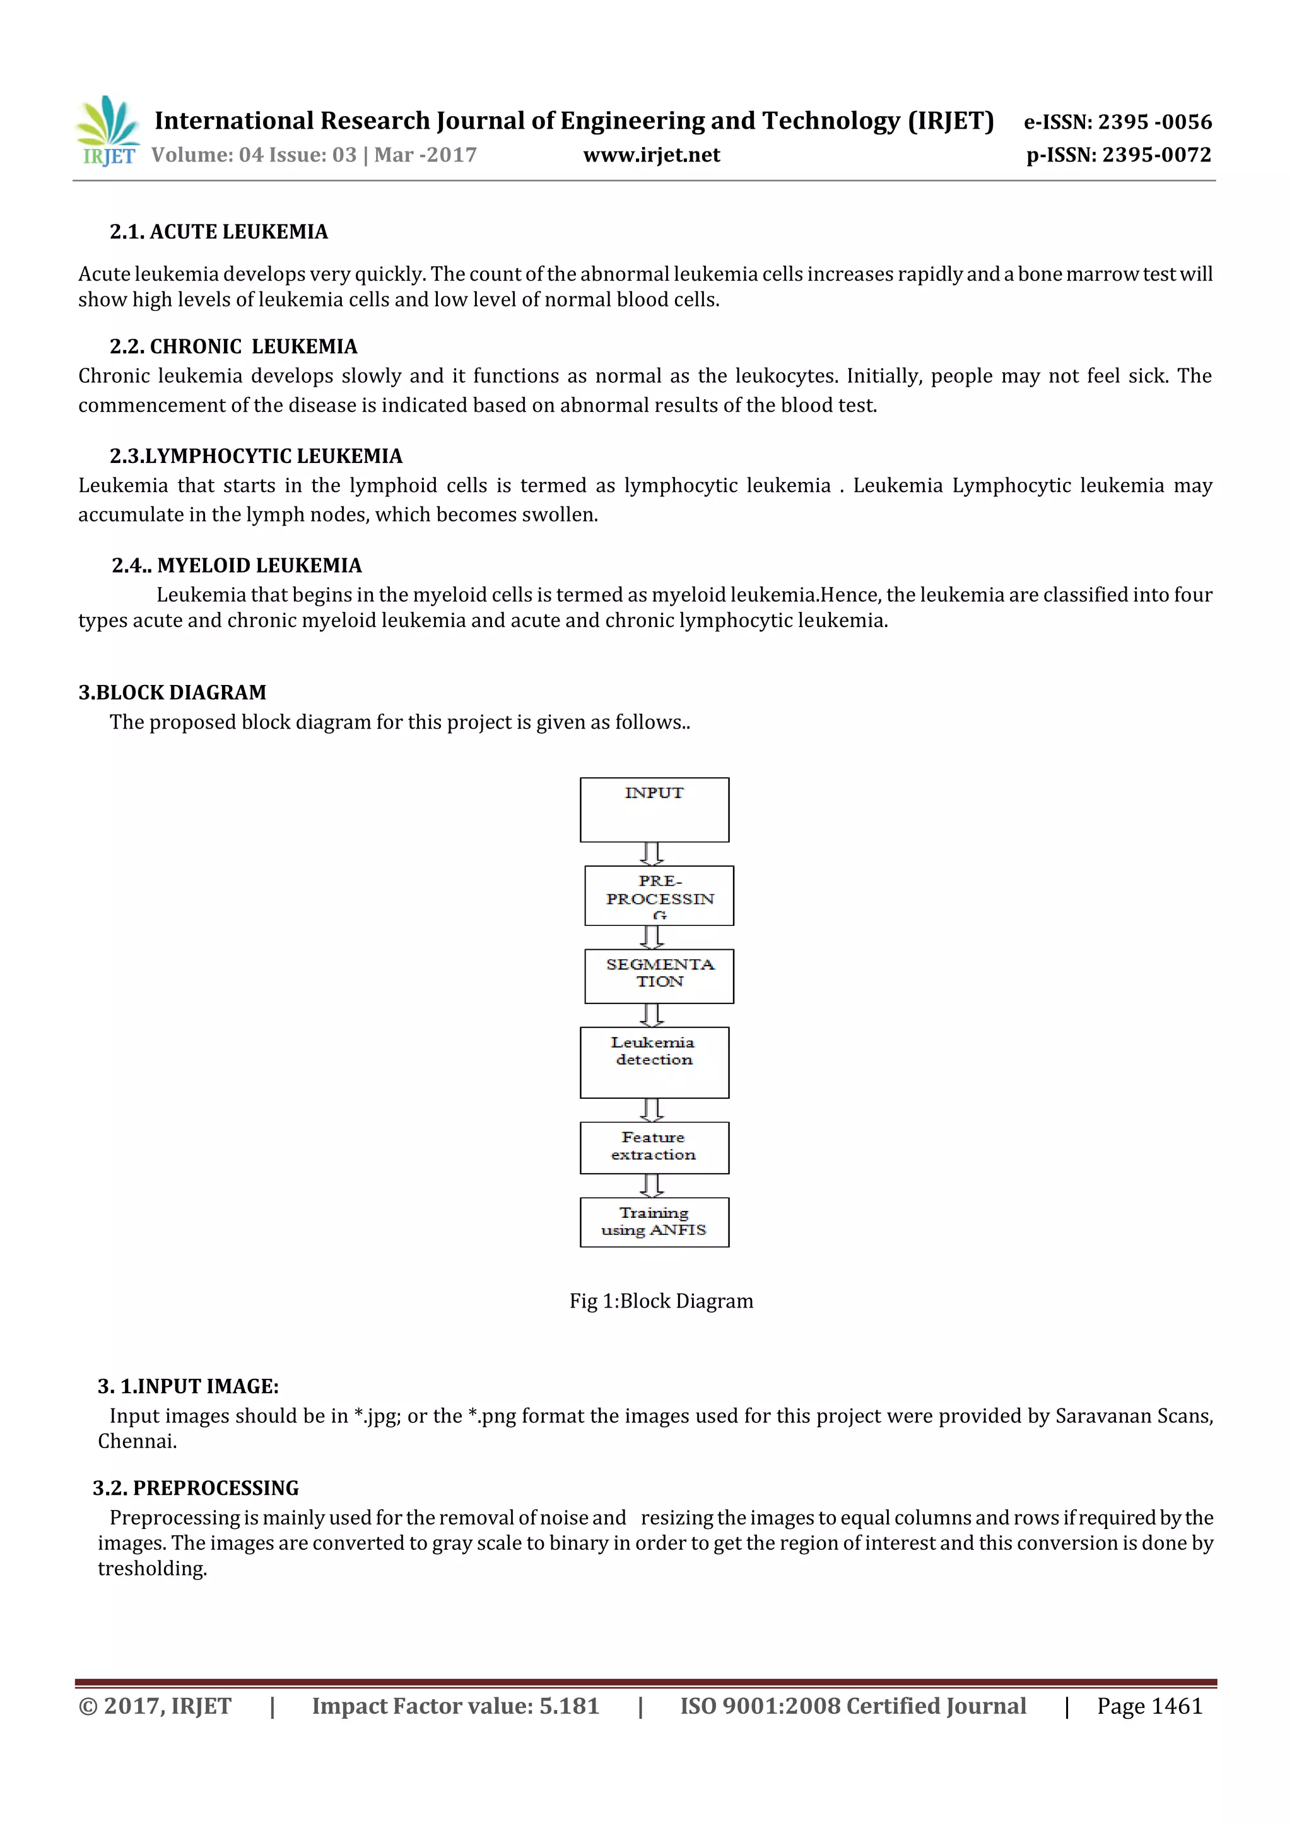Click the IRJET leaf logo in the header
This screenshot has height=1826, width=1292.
coord(109,131)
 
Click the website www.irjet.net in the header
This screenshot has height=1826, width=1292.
coord(651,155)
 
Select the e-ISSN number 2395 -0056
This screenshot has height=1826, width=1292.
coord(1154,122)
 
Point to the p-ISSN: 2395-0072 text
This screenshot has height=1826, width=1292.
coord(1118,155)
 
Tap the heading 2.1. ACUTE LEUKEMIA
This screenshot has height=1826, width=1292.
coord(218,232)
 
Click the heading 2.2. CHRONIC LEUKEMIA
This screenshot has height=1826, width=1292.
coord(233,347)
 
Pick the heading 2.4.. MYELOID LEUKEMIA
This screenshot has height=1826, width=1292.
coord(237,565)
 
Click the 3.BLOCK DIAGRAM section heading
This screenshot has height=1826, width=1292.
coord(172,693)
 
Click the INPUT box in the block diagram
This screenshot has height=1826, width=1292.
coord(654,810)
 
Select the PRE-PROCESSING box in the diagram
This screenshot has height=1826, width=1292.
coord(659,896)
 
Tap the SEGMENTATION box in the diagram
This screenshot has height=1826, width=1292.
coord(659,976)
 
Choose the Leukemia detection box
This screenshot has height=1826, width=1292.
coord(654,1063)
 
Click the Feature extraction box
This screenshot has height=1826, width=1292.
coord(654,1147)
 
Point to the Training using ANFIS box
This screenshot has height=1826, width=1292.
coord(654,1222)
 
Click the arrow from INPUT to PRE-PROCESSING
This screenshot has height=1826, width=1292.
coord(652,854)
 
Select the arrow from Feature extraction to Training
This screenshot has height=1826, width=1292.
coord(652,1186)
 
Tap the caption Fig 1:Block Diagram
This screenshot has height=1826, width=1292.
coord(661,1301)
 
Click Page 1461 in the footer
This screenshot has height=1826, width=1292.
coord(1149,1706)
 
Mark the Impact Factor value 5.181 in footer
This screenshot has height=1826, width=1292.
coord(455,1706)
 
